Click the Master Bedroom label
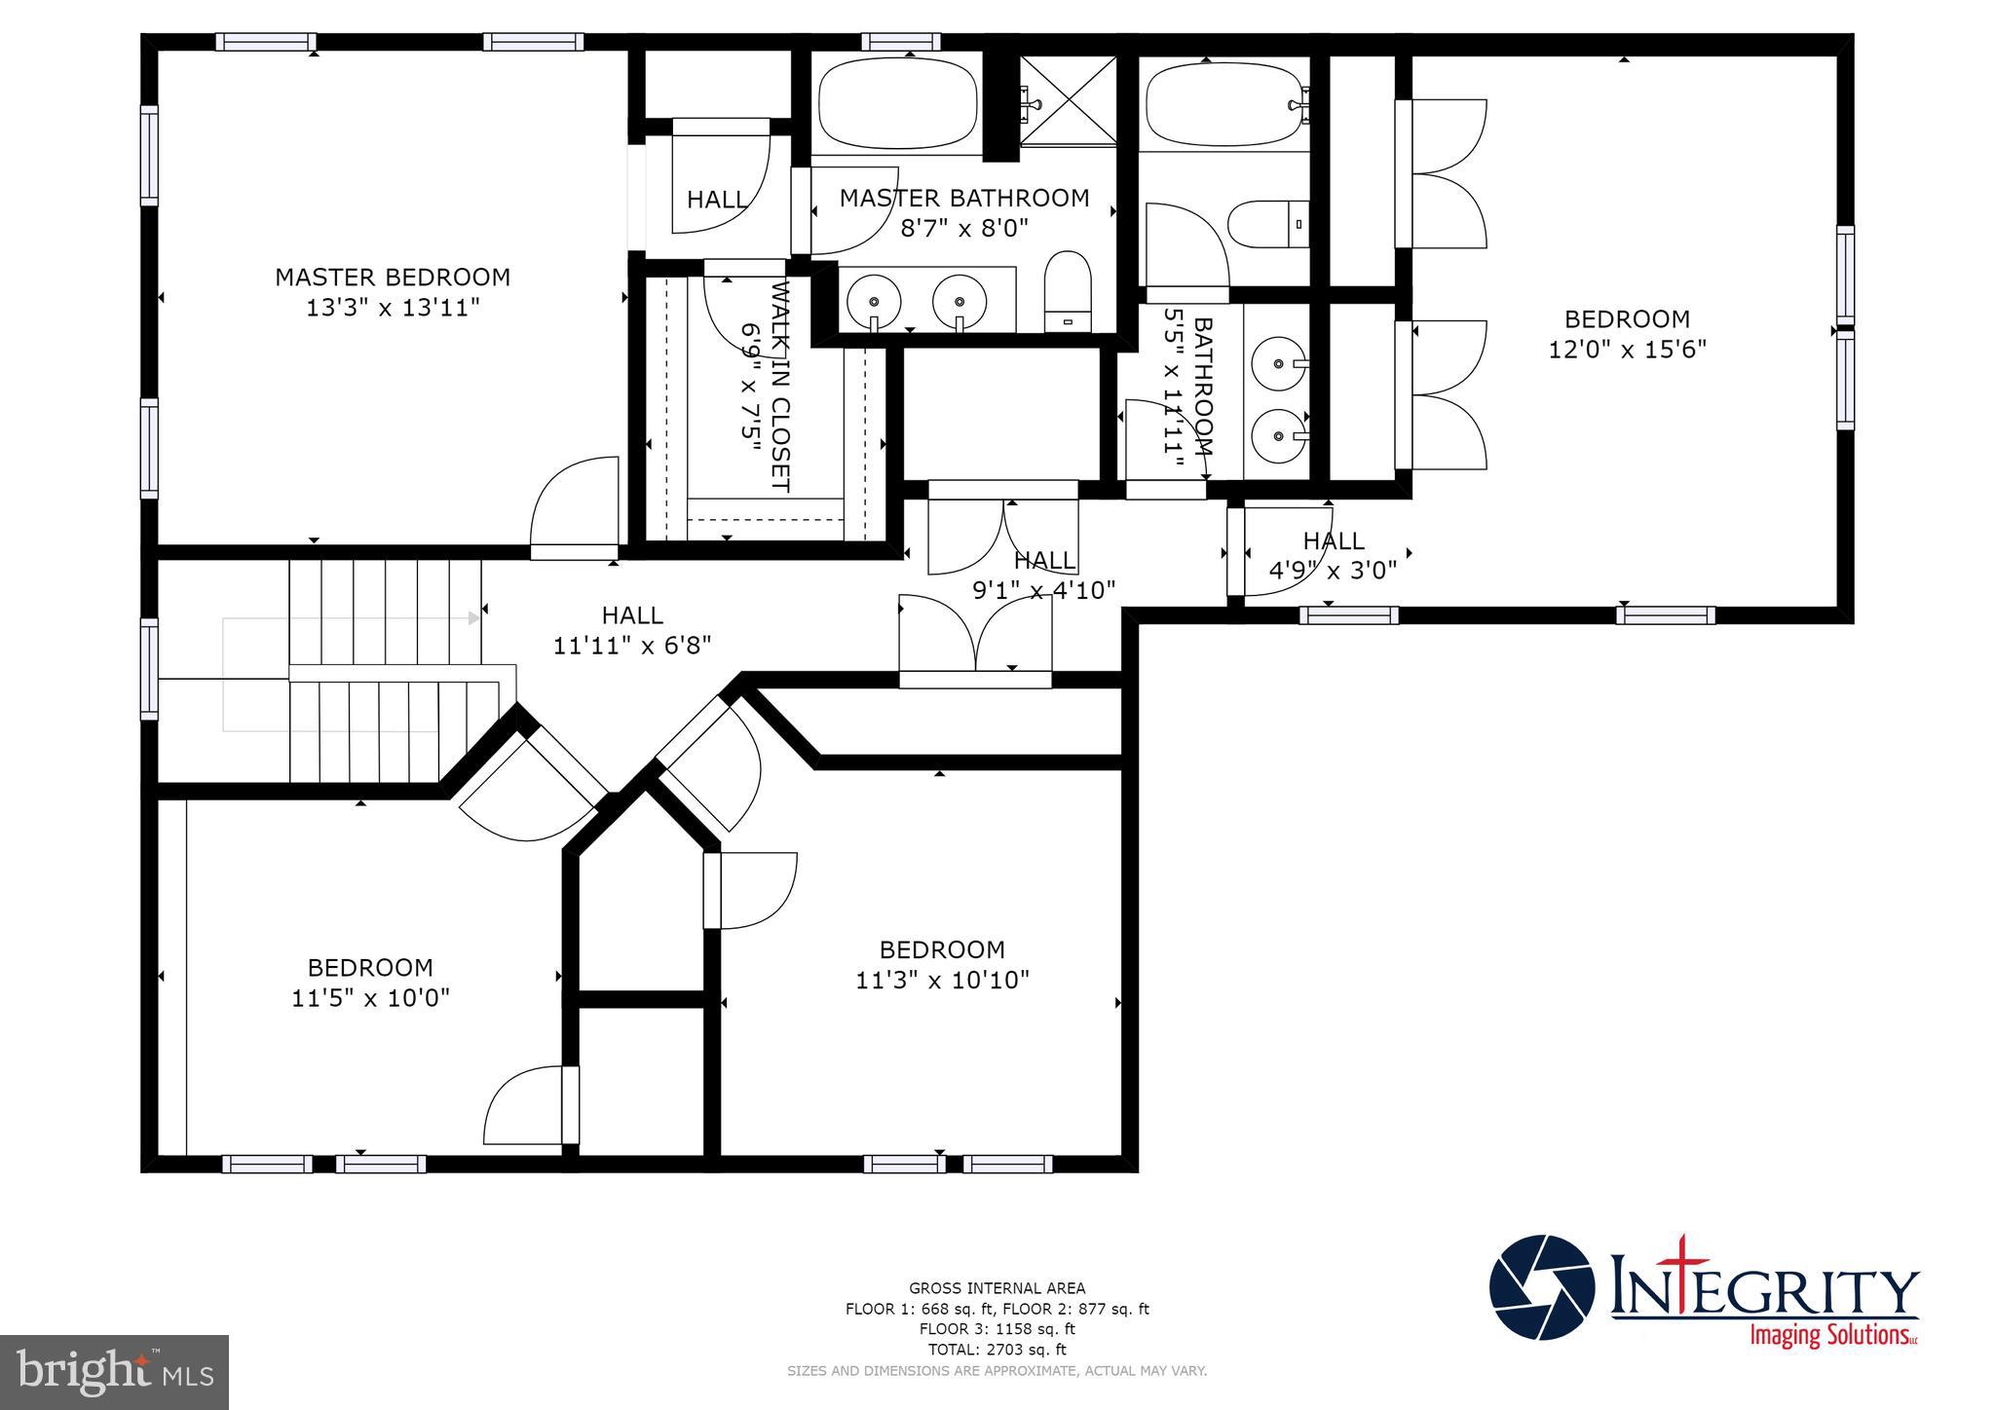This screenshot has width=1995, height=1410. tap(392, 278)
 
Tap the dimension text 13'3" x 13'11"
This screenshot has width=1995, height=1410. tap(392, 309)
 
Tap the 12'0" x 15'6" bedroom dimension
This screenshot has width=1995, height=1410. tap(1627, 350)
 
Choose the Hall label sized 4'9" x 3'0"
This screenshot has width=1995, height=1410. tap(1333, 540)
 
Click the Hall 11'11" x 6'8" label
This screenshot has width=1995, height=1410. tap(632, 615)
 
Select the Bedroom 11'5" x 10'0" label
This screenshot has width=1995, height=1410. tap(370, 968)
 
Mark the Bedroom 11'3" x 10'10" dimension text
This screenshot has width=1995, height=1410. tap(942, 981)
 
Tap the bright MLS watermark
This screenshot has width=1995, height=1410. tap(115, 1372)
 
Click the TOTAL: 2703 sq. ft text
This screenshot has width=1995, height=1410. tap(997, 1350)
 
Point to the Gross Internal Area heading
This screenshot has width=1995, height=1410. tap(997, 1288)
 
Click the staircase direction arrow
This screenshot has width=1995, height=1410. tap(473, 618)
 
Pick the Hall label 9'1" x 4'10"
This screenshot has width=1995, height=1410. tap(1044, 561)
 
